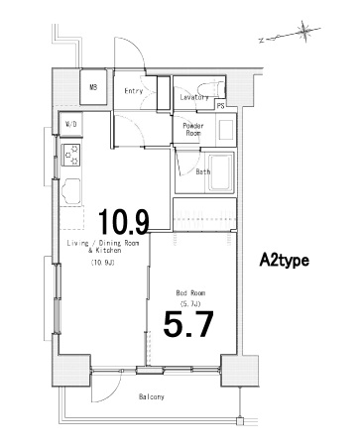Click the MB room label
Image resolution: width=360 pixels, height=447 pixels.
[x=93, y=87]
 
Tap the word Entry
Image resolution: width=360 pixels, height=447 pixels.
[x=134, y=91]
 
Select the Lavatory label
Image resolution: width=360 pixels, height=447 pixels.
[x=194, y=97]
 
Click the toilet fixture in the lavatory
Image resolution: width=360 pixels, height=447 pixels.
[x=211, y=89]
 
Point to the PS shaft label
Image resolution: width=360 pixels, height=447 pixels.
[x=221, y=106]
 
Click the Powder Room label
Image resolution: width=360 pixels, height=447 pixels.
[x=193, y=129]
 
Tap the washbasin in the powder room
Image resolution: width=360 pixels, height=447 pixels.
[x=226, y=129]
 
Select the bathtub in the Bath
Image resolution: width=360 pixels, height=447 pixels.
[x=219, y=172]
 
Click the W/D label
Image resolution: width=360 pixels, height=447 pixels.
[x=71, y=124]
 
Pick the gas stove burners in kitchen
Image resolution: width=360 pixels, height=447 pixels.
[x=71, y=155]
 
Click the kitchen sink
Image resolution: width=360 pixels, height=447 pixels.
[x=71, y=191]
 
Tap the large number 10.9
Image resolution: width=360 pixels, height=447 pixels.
[x=124, y=221]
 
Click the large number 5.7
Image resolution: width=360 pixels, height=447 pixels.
[x=188, y=324]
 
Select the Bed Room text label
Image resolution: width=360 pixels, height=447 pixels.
[x=190, y=293]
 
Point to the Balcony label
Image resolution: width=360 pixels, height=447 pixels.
[x=152, y=396]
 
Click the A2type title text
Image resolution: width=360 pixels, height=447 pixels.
[x=285, y=261]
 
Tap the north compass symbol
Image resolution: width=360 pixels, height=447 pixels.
[x=304, y=32]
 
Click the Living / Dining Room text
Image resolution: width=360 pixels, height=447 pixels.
[x=103, y=244]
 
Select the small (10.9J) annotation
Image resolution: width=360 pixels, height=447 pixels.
[x=103, y=263]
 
